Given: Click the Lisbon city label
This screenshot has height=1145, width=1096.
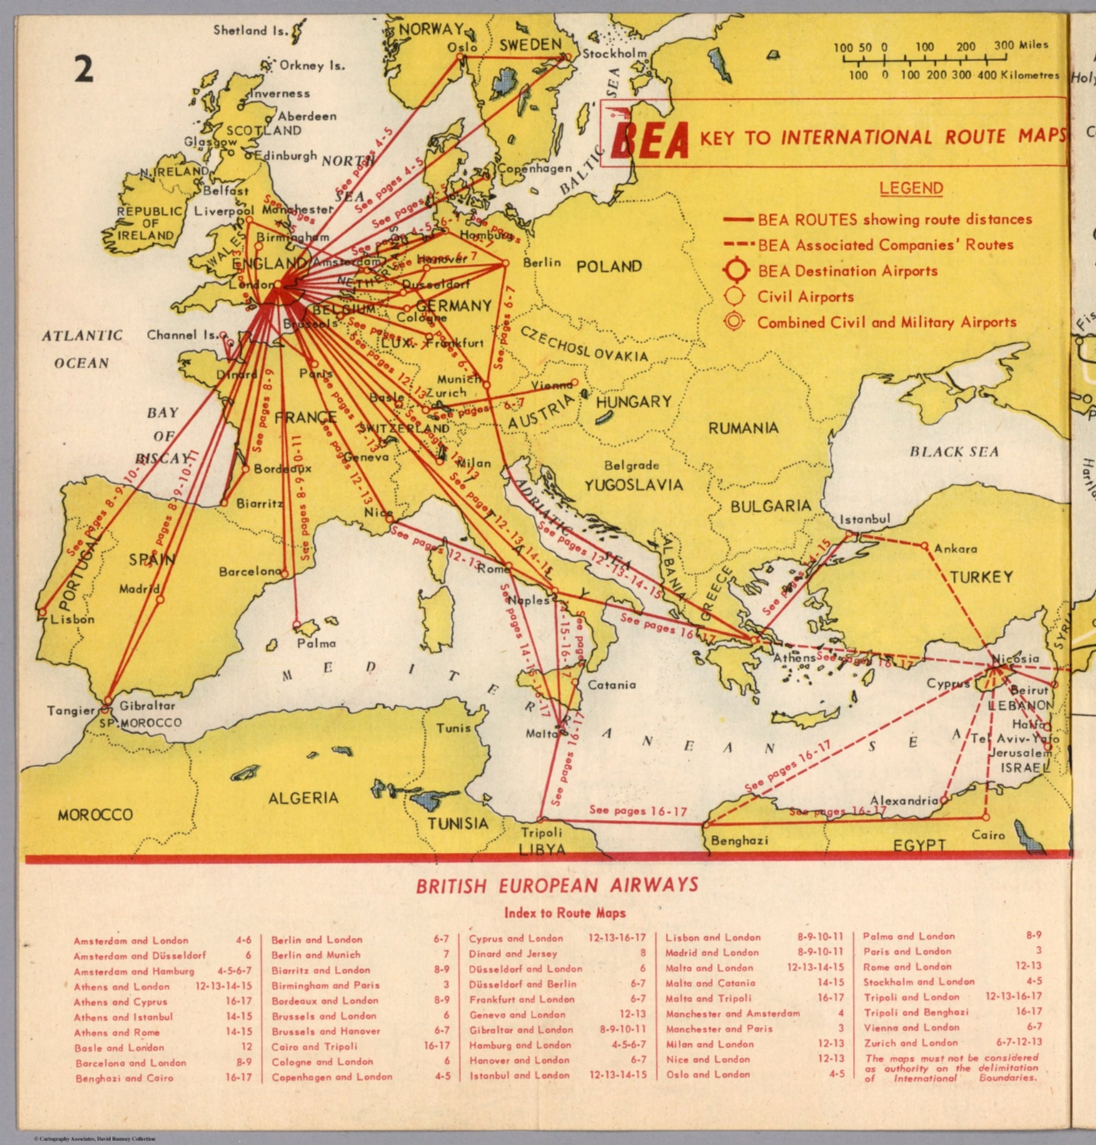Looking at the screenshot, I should [x=72, y=619].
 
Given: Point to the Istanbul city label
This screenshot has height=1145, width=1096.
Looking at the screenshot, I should [x=865, y=520].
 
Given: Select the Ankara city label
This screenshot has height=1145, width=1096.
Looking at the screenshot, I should [x=955, y=549].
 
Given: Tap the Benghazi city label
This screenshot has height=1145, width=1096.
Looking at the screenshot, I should [x=739, y=840].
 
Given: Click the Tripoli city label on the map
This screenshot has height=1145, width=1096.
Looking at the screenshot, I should [x=541, y=832].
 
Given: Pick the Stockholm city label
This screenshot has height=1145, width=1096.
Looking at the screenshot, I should [x=614, y=54].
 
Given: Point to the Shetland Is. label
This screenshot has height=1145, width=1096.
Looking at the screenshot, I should [x=251, y=31].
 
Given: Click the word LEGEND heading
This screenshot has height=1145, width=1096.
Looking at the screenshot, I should [x=911, y=188].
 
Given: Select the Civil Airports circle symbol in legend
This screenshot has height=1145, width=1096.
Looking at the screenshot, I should [x=734, y=297].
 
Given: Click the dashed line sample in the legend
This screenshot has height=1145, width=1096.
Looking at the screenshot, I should [x=738, y=245].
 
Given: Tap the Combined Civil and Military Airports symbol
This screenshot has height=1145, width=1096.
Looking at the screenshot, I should [x=734, y=322].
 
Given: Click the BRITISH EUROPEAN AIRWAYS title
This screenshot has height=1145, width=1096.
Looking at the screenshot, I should [x=557, y=886].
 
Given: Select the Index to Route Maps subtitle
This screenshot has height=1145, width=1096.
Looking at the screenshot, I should [x=564, y=913].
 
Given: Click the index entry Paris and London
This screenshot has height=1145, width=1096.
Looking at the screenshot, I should [x=907, y=951].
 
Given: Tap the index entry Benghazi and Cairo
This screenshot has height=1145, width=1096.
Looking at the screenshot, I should [x=124, y=1078].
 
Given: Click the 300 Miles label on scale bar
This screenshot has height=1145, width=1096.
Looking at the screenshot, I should [x=1021, y=45].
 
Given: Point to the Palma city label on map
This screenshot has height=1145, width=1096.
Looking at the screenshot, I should [x=316, y=643].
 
